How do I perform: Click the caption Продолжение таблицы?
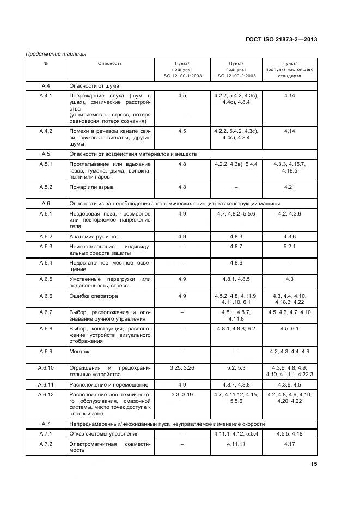[56, 53]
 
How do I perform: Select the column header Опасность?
[110, 63]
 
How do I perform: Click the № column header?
[46, 63]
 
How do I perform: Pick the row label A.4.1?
[46, 96]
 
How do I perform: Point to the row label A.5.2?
[46, 187]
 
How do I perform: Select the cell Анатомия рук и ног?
[94, 236]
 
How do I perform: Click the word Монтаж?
[80, 351]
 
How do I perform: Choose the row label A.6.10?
[46, 368]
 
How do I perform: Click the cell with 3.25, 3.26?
[182, 368]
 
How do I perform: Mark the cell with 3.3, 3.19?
[182, 394]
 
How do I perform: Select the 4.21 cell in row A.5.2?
[289, 187]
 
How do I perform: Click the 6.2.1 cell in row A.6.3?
[289, 246]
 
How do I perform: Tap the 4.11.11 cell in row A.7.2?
[236, 444]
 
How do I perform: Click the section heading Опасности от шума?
[94, 85]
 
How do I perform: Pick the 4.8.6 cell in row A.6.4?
[236, 263]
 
